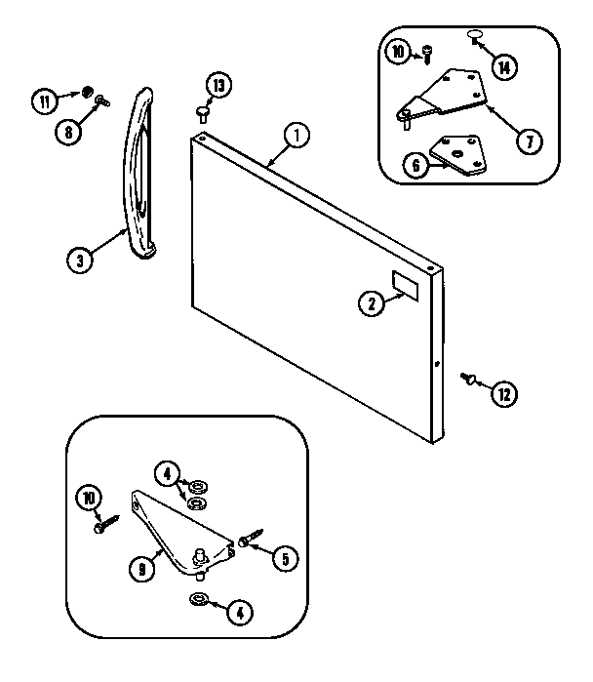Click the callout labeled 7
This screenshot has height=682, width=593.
pos(528,141)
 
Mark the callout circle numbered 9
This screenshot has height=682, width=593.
pos(142,567)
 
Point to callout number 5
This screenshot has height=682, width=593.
pos(284,559)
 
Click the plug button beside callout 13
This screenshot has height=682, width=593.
pos(204,112)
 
